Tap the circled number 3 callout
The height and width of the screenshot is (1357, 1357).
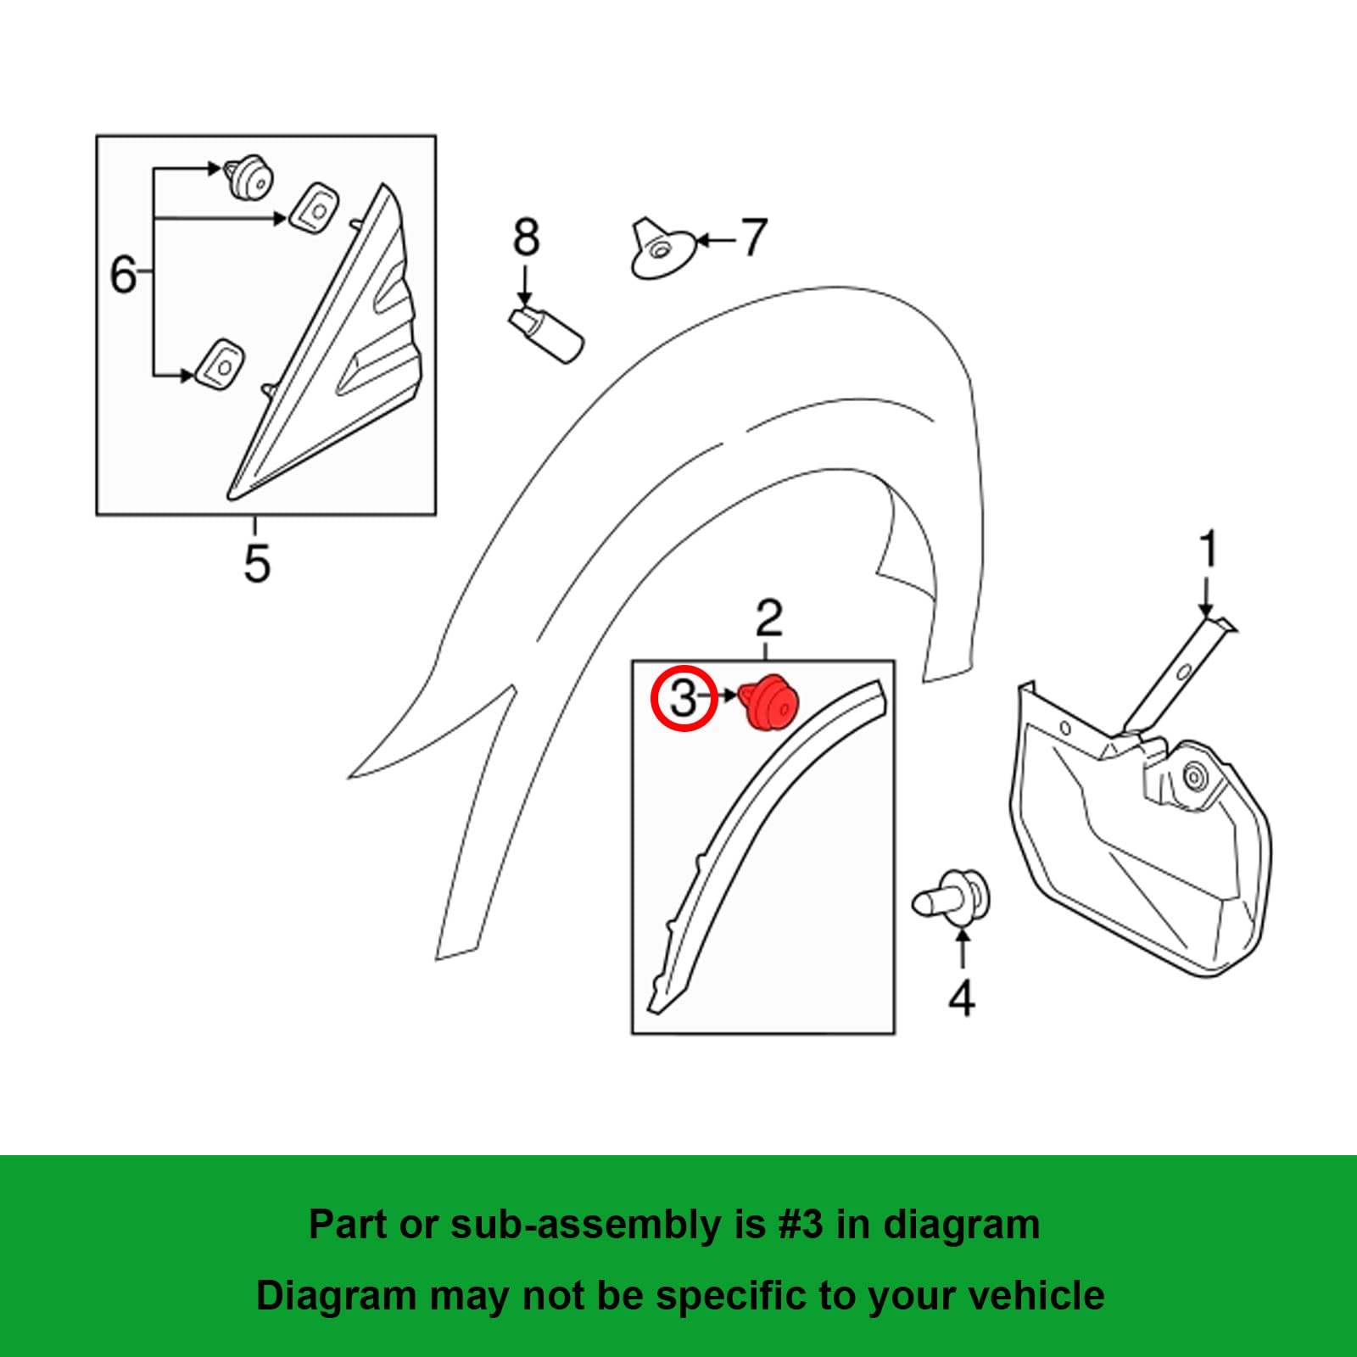(684, 699)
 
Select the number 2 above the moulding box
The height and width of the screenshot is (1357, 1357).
(768, 618)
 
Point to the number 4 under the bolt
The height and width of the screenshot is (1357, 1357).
(962, 998)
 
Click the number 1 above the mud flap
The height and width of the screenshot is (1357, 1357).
(1209, 550)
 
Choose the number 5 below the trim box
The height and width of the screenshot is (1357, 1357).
(256, 563)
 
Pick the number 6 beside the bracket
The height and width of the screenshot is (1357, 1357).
(124, 275)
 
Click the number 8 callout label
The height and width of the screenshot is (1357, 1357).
(526, 237)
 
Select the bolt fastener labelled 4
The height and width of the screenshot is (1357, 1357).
(953, 899)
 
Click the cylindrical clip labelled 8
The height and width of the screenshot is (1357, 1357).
(547, 333)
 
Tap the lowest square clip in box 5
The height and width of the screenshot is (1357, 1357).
(221, 365)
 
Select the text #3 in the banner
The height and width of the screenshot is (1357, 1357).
(800, 1225)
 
